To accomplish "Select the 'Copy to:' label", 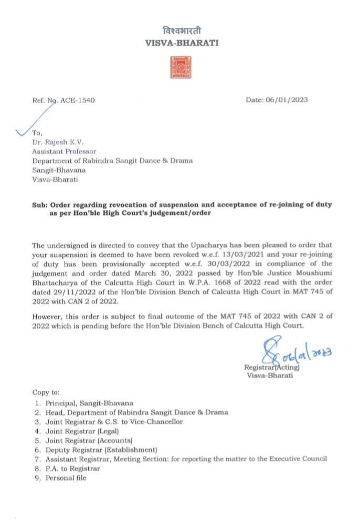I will click(x=46, y=392).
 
